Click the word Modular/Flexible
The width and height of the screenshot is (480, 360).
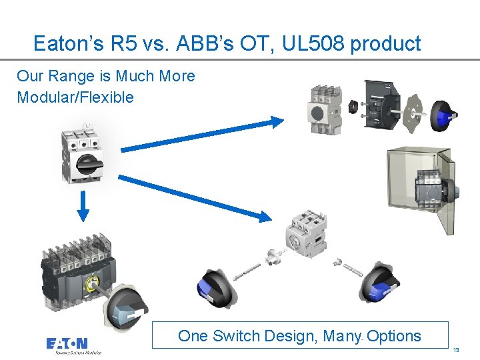tap(75, 97)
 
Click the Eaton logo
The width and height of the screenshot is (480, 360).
tap(67, 343)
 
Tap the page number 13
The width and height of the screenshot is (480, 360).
tap(456, 350)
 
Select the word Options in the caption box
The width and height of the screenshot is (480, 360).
tap(393, 336)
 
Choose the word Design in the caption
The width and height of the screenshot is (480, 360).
tap(292, 336)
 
